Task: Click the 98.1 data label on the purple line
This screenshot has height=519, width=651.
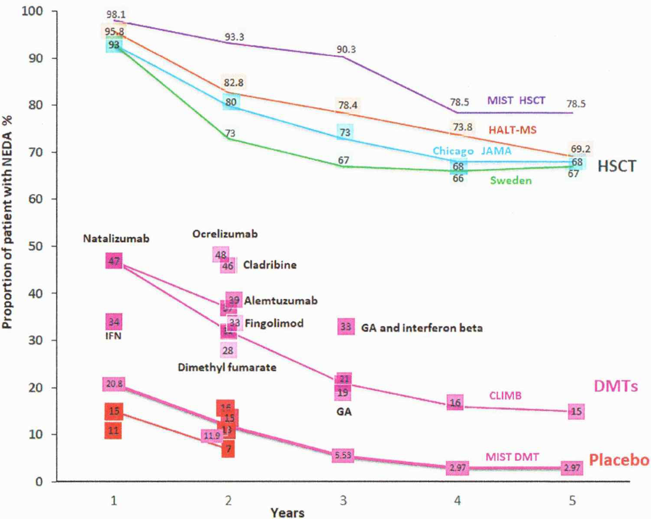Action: (x=116, y=15)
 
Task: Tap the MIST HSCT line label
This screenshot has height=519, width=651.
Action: (x=516, y=101)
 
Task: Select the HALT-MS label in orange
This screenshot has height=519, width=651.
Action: (x=513, y=130)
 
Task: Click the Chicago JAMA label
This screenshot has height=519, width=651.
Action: (x=472, y=151)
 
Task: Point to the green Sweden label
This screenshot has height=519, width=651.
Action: (x=511, y=180)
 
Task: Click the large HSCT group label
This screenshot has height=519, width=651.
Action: (x=617, y=166)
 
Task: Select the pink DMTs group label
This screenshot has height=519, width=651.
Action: (x=615, y=386)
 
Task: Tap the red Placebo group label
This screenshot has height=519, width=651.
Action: (x=619, y=460)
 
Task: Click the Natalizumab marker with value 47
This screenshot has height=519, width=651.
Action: (x=114, y=261)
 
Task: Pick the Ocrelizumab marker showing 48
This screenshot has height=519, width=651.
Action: (x=220, y=255)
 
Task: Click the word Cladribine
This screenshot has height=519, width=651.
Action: (x=270, y=265)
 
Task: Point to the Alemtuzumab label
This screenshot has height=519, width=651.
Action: (x=280, y=300)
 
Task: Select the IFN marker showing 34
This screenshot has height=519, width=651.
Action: (x=114, y=322)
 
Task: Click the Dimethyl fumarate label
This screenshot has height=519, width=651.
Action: (x=227, y=367)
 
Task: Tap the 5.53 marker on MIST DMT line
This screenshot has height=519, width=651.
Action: (x=343, y=455)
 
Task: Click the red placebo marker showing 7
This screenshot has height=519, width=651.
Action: (x=228, y=450)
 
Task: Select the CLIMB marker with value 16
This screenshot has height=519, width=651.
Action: (x=455, y=403)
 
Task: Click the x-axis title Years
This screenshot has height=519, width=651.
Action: (x=287, y=512)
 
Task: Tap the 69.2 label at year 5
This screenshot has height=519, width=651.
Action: (x=580, y=149)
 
